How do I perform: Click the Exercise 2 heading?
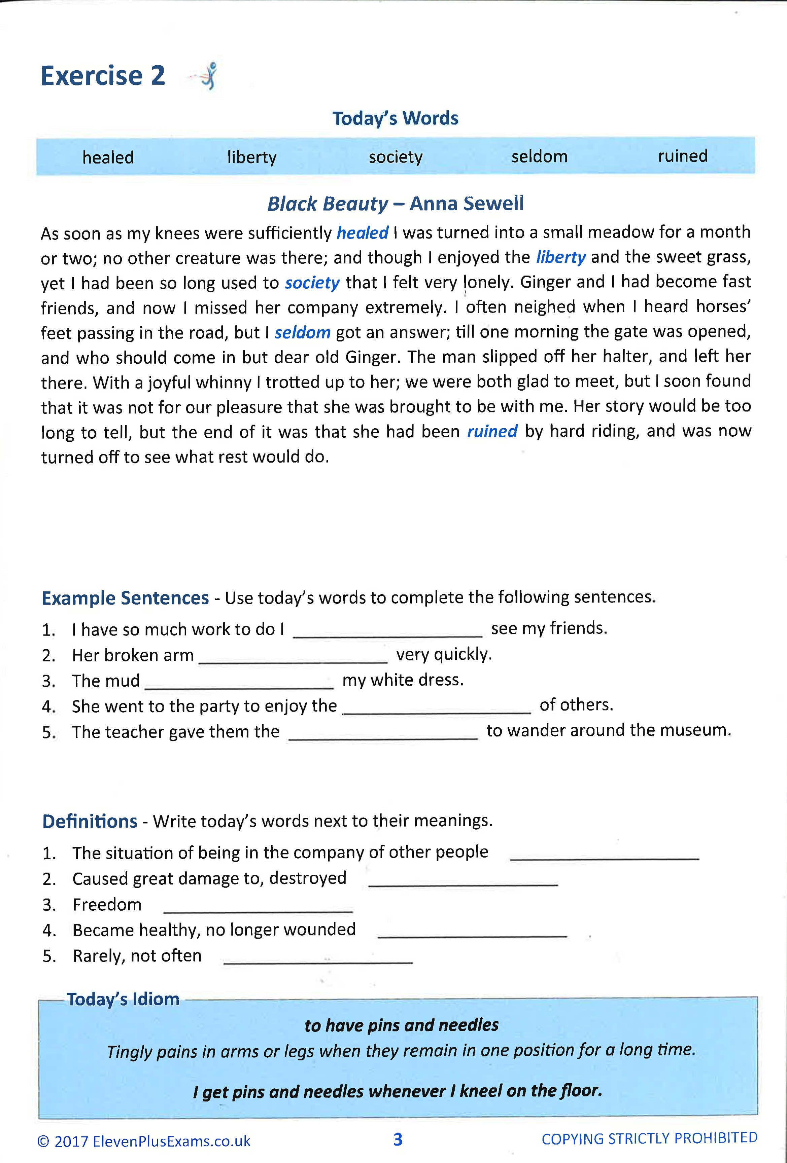103,76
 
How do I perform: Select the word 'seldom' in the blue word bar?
539,157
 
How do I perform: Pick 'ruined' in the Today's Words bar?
682,156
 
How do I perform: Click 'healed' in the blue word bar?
108,158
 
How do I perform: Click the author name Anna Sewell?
467,203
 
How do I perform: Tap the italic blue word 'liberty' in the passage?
561,257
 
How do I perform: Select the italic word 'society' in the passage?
312,283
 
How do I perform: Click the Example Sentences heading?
125,598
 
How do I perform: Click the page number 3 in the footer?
398,1139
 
